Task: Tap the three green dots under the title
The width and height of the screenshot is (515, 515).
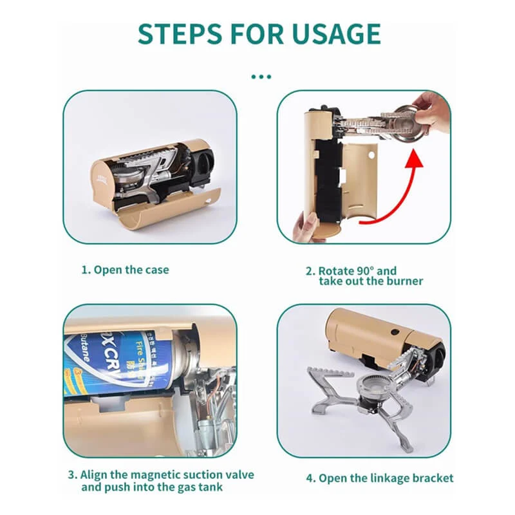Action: coord(261,76)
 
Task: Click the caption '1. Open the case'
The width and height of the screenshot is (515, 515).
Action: coord(125,270)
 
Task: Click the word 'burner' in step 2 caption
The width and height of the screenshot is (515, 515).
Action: coord(405,281)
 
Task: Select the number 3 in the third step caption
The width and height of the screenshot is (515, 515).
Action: coord(71,475)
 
